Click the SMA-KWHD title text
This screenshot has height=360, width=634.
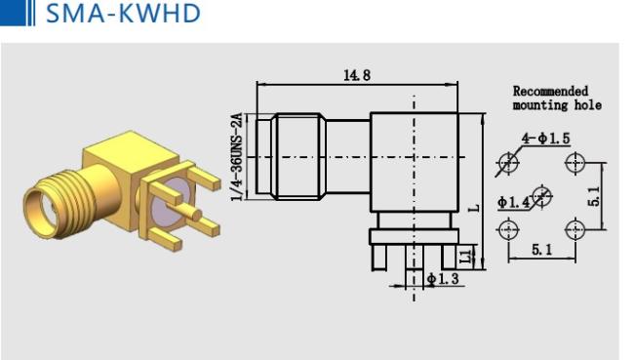pos(123,14)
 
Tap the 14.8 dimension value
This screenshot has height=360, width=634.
pos(357,75)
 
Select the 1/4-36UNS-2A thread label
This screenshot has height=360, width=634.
pos(237,157)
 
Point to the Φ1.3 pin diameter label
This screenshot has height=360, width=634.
pos(443,279)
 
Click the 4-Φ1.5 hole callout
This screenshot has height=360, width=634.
pos(546,139)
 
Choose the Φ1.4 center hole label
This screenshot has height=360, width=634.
pos(513,202)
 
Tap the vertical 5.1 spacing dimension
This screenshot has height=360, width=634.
pos(596,196)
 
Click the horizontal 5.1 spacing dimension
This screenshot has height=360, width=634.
pos(541,250)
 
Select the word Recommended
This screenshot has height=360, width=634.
pos(550,91)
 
